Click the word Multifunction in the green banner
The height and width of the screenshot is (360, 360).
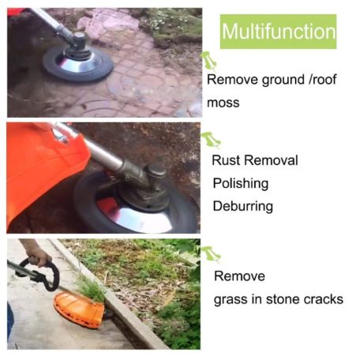pos(279,32)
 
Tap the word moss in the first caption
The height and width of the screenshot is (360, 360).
pos(223,103)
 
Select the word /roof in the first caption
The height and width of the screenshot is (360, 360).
pos(322,79)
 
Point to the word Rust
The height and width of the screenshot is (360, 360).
pos(227,160)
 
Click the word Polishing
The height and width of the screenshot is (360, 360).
pos(241,184)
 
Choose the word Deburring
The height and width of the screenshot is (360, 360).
pos(242,207)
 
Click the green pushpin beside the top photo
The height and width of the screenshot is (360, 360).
pos(208,60)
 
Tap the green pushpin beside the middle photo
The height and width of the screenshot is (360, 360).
pos(211,140)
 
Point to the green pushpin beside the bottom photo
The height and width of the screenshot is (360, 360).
pos(210,253)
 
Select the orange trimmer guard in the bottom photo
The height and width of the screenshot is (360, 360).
pos(79,309)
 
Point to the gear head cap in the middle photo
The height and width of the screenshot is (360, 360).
pos(156,171)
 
